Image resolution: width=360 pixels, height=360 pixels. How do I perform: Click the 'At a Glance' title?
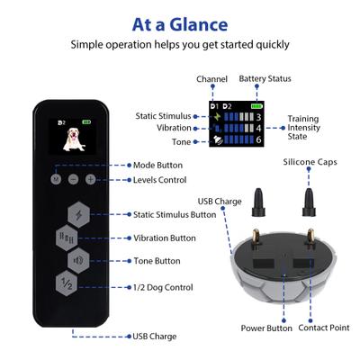click(x=180, y=23)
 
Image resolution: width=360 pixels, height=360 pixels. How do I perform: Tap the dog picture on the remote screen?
click(x=69, y=137)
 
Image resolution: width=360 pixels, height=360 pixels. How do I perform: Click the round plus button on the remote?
click(x=90, y=180)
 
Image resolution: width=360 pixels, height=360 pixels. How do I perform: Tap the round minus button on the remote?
click(x=73, y=180)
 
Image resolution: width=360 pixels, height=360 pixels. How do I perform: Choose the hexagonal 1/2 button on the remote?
click(x=67, y=283)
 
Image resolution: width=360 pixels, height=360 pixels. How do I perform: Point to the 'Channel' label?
click(x=212, y=78)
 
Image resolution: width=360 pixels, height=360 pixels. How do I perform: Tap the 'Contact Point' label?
click(x=324, y=328)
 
